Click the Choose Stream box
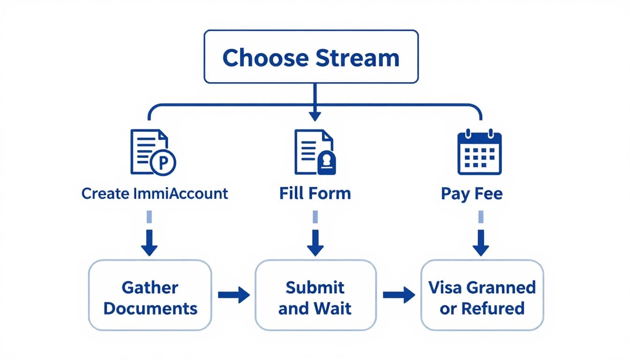click(x=311, y=57)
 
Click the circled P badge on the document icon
click(x=164, y=163)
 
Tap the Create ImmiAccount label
click(x=155, y=194)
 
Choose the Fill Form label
click(x=315, y=194)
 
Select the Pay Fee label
click(x=472, y=194)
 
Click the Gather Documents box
click(x=150, y=298)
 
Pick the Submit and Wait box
click(x=315, y=298)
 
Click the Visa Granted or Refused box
click(x=482, y=298)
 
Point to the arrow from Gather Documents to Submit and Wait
click(x=233, y=295)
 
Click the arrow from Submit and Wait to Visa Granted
click(x=398, y=295)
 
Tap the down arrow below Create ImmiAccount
click(x=150, y=242)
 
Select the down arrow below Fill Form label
click(x=315, y=242)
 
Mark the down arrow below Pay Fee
click(x=480, y=242)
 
